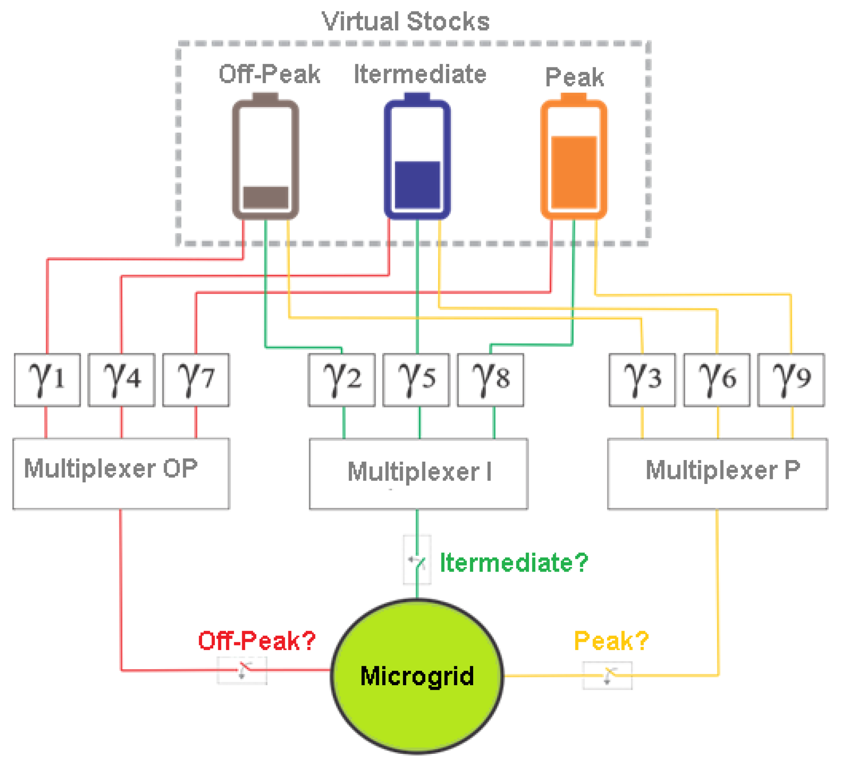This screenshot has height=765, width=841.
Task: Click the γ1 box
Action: [x=47, y=380]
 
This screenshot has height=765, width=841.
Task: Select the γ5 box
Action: [x=416, y=380]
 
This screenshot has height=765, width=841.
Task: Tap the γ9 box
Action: [x=791, y=380]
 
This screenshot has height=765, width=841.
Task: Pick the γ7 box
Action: [x=195, y=380]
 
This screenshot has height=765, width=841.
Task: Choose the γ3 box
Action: [x=642, y=380]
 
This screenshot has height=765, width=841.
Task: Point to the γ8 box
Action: [x=491, y=380]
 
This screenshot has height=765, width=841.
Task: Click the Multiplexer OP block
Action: [x=121, y=474]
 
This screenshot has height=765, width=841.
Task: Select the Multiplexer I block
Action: [x=418, y=474]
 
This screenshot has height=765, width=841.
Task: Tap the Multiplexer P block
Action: [x=717, y=474]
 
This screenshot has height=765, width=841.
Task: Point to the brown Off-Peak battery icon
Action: [x=265, y=156]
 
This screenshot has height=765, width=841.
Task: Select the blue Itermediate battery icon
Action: [x=417, y=156]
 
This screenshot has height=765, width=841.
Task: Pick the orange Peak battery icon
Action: [x=574, y=156]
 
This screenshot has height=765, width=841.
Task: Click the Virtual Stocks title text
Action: [x=405, y=21]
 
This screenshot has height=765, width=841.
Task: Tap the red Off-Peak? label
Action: [x=257, y=641]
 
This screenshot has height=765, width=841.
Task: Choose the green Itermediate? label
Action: [x=514, y=563]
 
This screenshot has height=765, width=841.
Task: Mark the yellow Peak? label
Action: [x=611, y=641]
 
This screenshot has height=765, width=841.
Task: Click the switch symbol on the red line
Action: [x=242, y=670]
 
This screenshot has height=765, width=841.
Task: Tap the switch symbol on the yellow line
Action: [x=608, y=675]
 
